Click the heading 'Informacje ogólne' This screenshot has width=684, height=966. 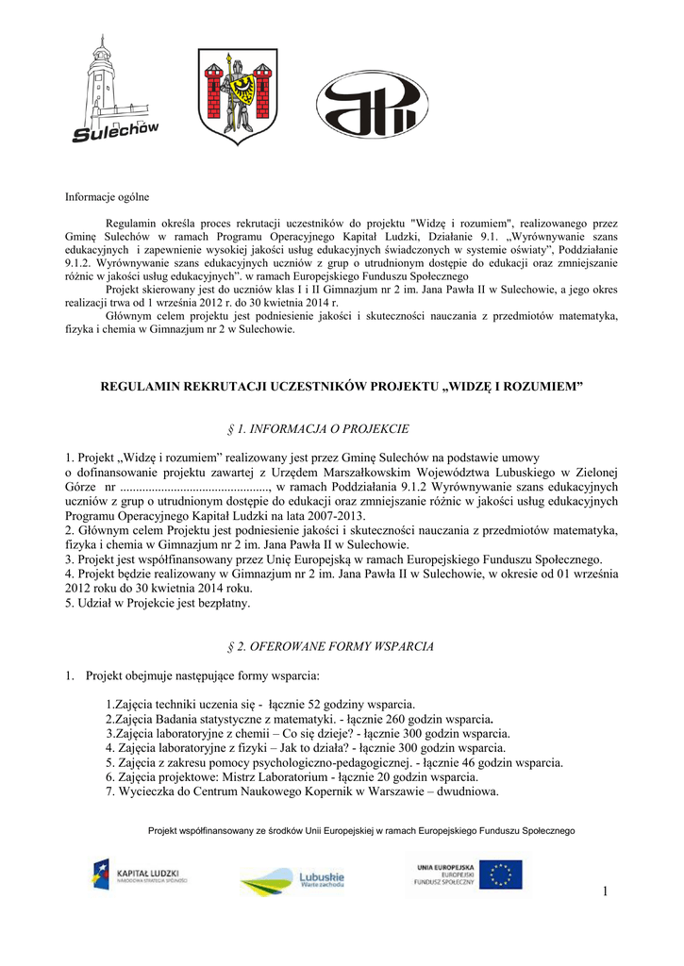107,197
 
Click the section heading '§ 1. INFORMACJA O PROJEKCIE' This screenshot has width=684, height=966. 319,428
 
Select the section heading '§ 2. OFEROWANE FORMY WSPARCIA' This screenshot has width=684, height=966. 331,646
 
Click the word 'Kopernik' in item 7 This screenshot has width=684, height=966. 323,791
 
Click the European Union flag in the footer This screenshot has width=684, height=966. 499,874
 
